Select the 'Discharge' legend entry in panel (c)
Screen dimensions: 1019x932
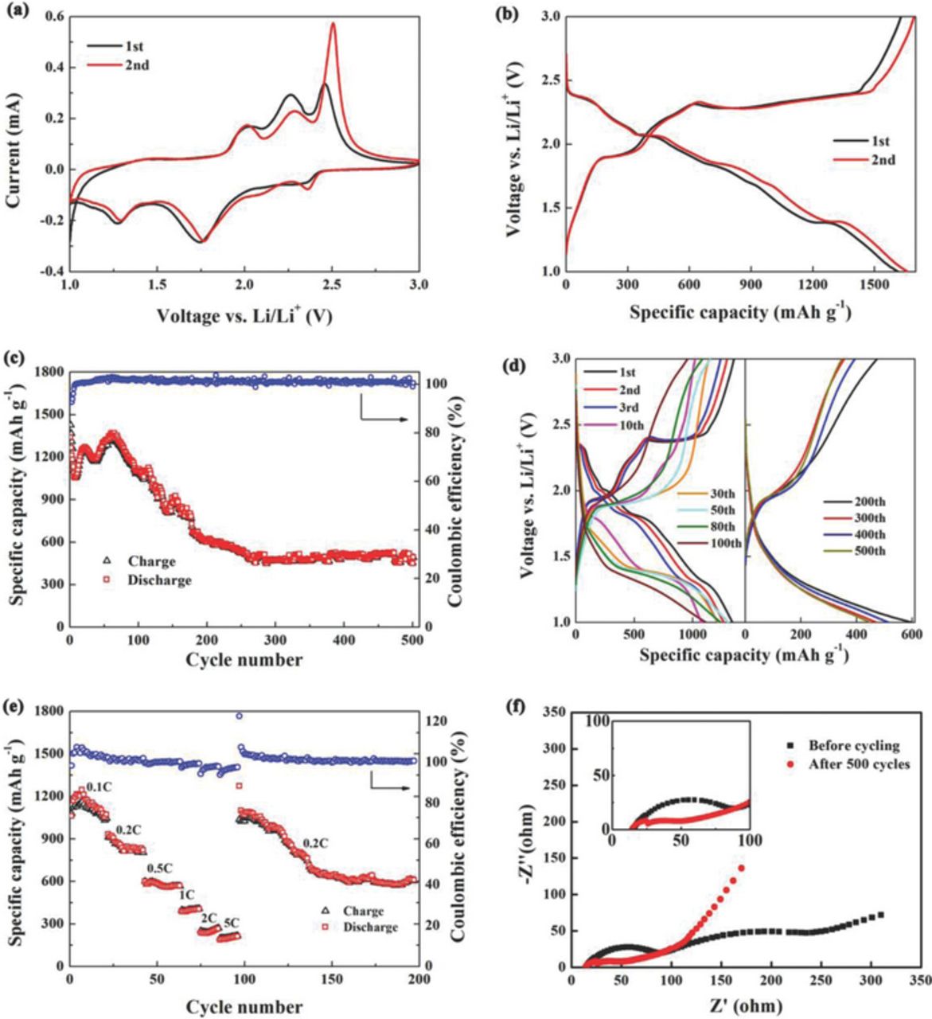point(159,580)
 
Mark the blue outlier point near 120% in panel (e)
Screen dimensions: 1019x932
point(238,716)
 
